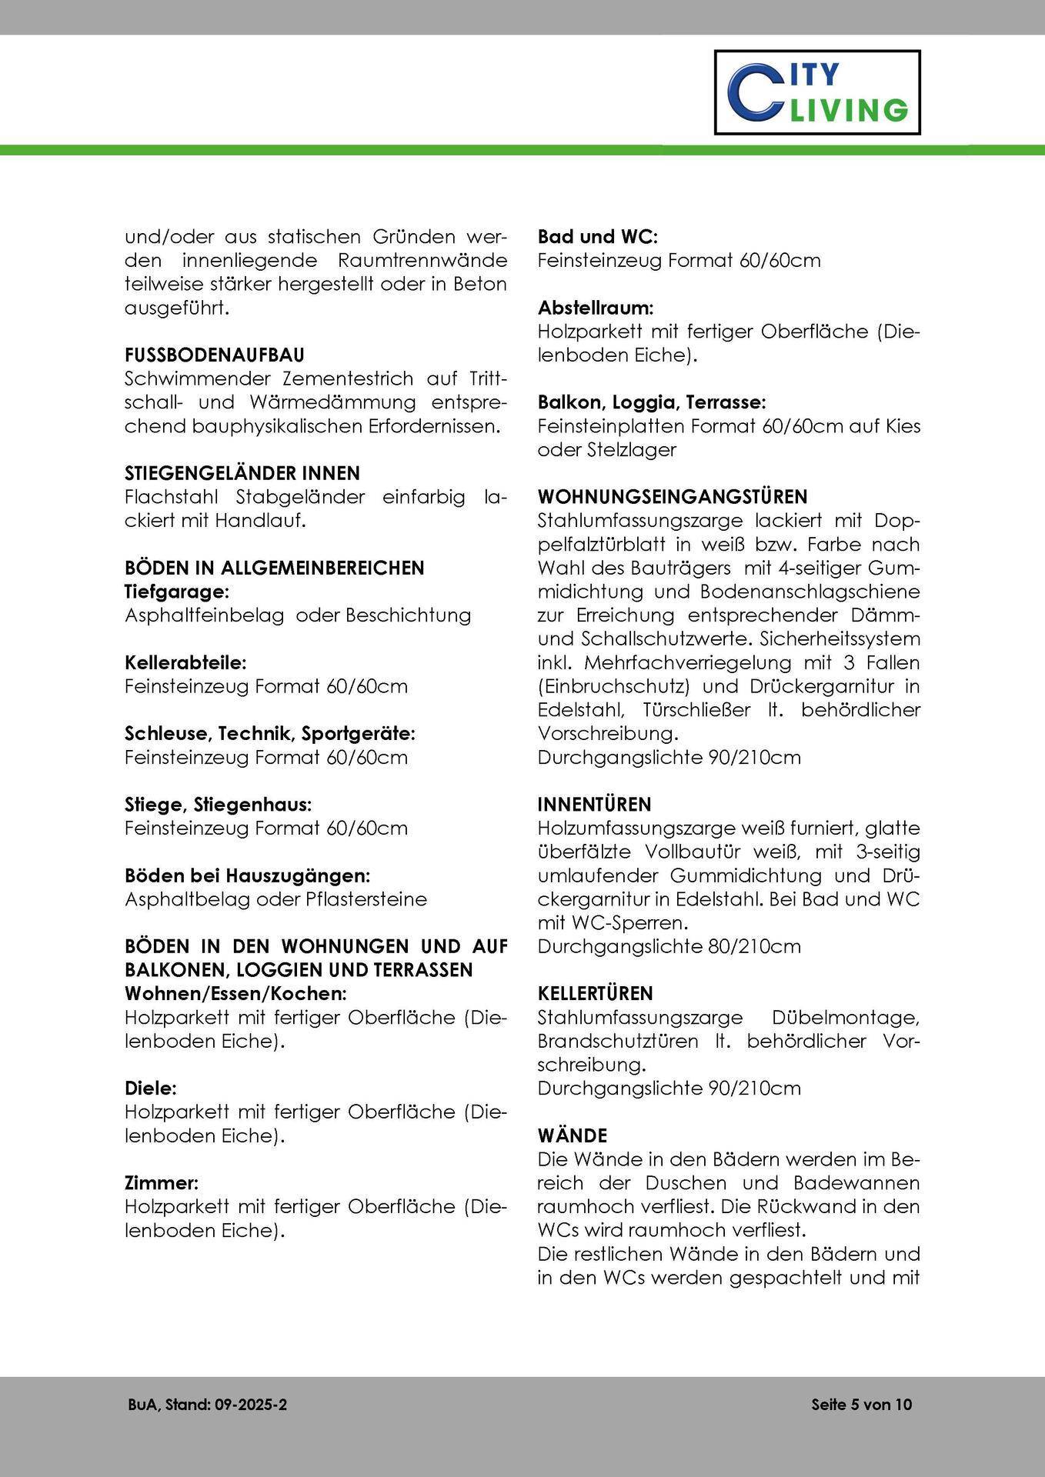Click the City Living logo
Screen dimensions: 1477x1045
[817, 92]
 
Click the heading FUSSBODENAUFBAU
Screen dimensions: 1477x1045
[215, 355]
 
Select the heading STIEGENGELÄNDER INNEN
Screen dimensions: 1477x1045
[242, 473]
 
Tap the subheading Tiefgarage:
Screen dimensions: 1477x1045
[177, 592]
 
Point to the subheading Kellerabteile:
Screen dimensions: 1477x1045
[185, 662]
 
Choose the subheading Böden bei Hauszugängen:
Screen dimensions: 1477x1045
[248, 875]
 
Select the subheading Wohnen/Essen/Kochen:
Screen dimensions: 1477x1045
[235, 993]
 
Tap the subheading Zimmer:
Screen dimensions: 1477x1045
[162, 1182]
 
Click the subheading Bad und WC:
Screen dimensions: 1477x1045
[598, 237]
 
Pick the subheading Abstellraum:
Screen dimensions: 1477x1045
[596, 308]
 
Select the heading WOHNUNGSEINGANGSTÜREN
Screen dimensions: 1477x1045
[673, 497]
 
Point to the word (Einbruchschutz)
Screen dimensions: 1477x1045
[627, 686]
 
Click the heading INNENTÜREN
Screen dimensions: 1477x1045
[594, 805]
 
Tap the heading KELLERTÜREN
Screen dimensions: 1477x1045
[595, 994]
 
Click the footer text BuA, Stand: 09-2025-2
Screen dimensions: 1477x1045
[208, 1405]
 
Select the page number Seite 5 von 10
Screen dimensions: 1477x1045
[861, 1405]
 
